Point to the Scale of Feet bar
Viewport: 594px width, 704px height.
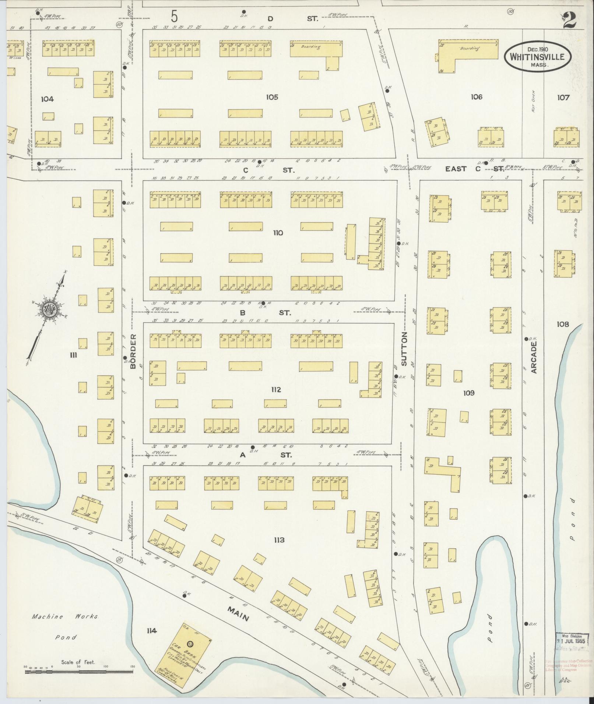click(x=80, y=672)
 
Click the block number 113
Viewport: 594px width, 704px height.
click(x=279, y=540)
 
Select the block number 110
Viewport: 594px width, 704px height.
click(x=278, y=233)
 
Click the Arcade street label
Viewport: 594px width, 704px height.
click(x=534, y=357)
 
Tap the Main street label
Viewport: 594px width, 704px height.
click(x=238, y=613)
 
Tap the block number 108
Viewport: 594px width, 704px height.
click(x=563, y=324)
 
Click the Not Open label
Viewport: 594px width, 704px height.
click(x=533, y=100)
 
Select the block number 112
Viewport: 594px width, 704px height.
click(x=275, y=390)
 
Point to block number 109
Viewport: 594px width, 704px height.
click(x=469, y=393)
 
